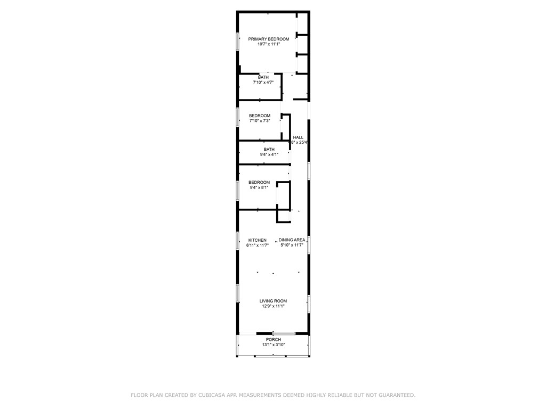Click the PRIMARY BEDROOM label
click(269, 39)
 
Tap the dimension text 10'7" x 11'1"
click(269, 45)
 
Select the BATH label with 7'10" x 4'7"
click(263, 77)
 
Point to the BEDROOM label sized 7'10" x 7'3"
click(260, 116)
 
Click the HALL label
click(298, 137)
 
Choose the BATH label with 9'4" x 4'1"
click(269, 149)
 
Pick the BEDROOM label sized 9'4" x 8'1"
click(259, 182)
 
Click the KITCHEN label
click(257, 240)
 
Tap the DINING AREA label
click(292, 240)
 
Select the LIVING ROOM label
click(273, 301)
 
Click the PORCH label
click(274, 339)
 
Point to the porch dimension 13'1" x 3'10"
click(274, 345)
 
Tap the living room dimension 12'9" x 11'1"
click(273, 306)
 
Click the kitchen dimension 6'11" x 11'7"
click(257, 246)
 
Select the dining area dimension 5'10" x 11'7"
click(292, 246)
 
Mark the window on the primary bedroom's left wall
click(238, 43)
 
